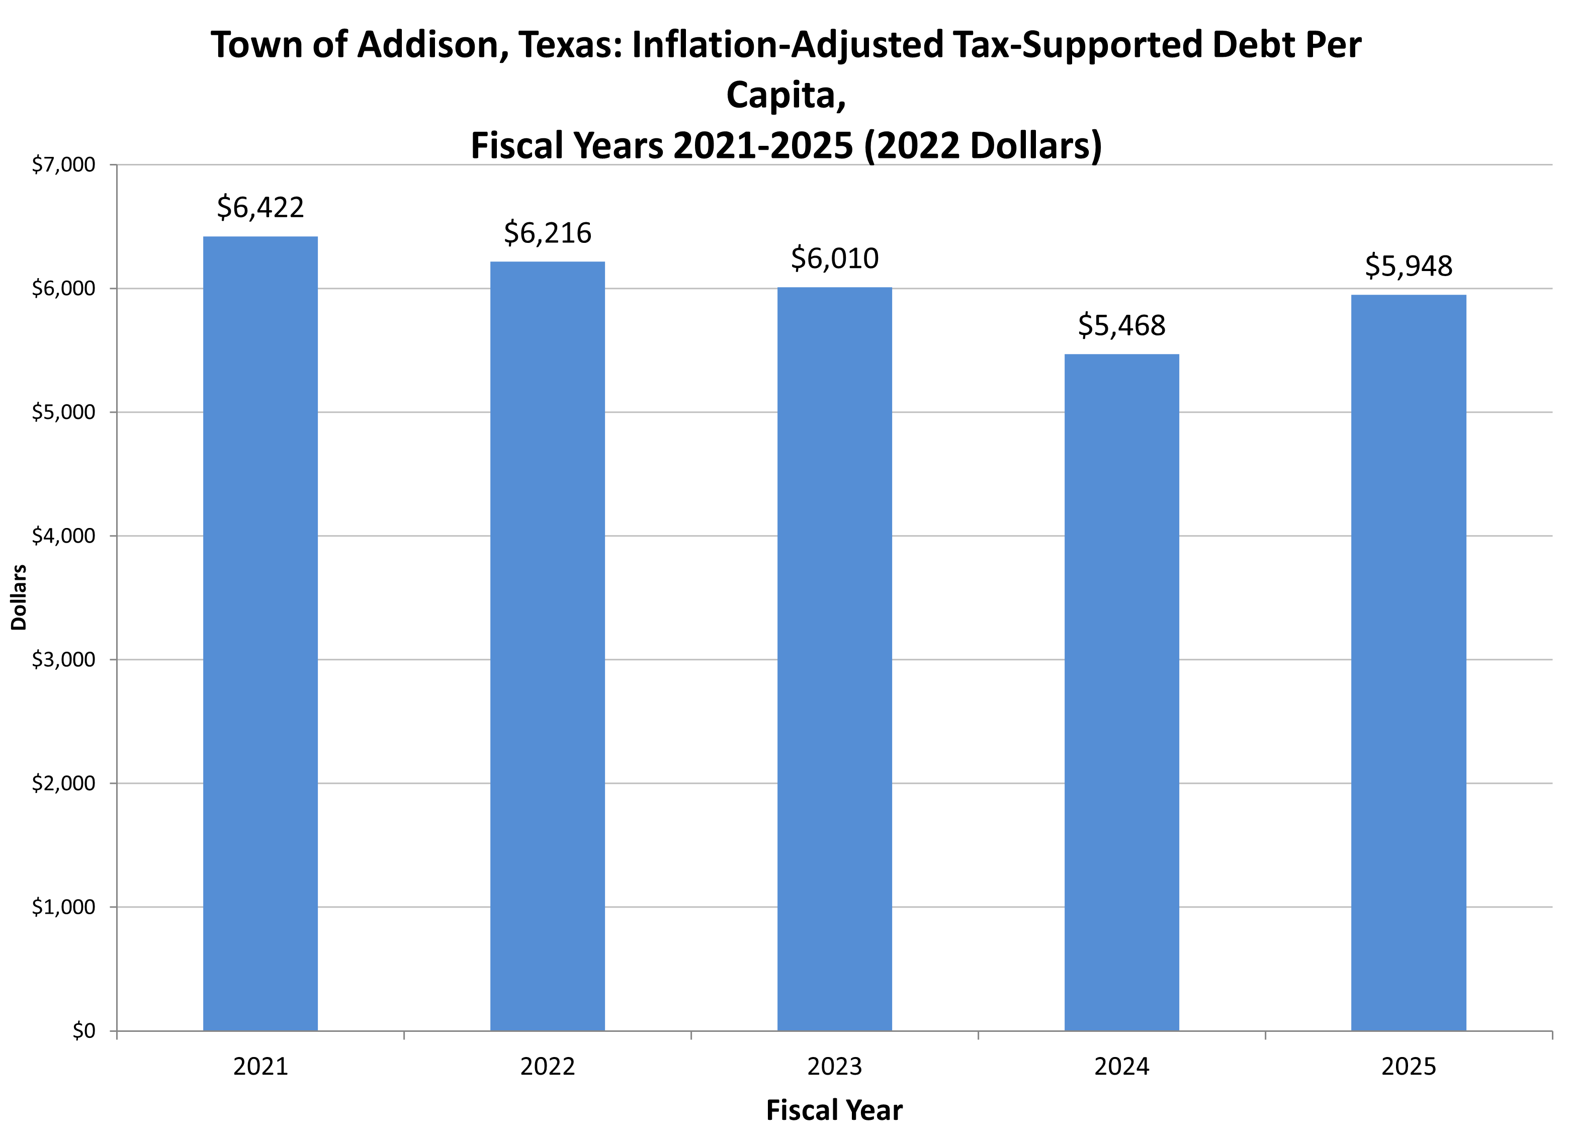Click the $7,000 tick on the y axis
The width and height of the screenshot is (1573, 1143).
click(x=63, y=165)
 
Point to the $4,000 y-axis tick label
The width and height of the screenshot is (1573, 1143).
click(x=63, y=536)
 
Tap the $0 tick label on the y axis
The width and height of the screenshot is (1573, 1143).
click(x=83, y=1031)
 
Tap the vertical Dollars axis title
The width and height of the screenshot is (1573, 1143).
click(x=19, y=597)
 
